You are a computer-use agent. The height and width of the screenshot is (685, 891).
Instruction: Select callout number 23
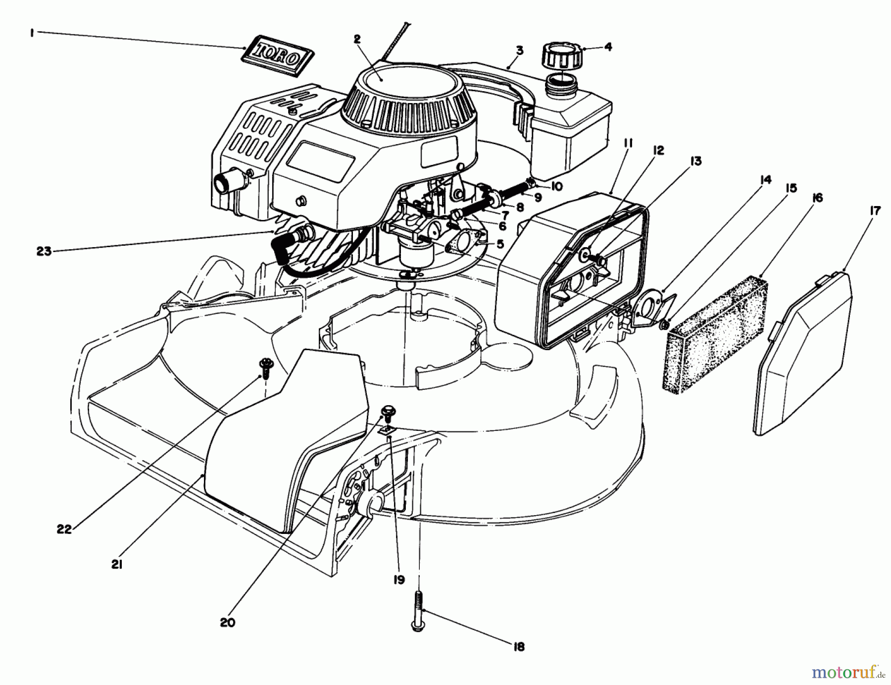[x=44, y=251]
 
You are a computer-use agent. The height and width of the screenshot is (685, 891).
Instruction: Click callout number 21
[x=117, y=564]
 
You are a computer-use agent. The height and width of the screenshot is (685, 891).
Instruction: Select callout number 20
[x=228, y=623]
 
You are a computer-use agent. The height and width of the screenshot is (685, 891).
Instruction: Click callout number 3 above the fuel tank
[x=519, y=50]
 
